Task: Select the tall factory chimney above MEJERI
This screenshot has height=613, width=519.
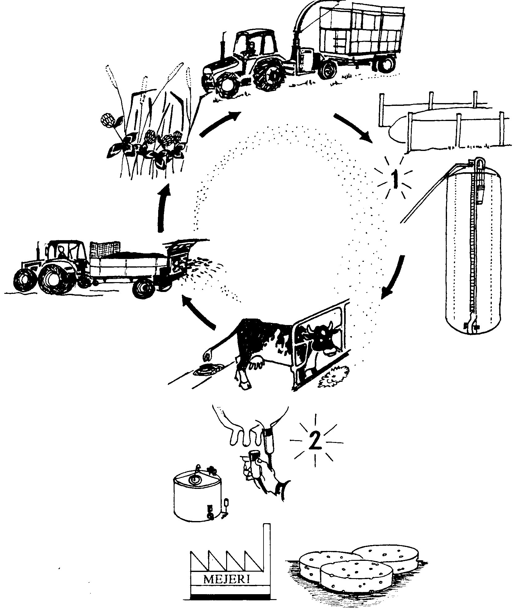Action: pyautogui.click(x=267, y=535)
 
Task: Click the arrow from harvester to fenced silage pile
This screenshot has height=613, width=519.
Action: pyautogui.click(x=353, y=128)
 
